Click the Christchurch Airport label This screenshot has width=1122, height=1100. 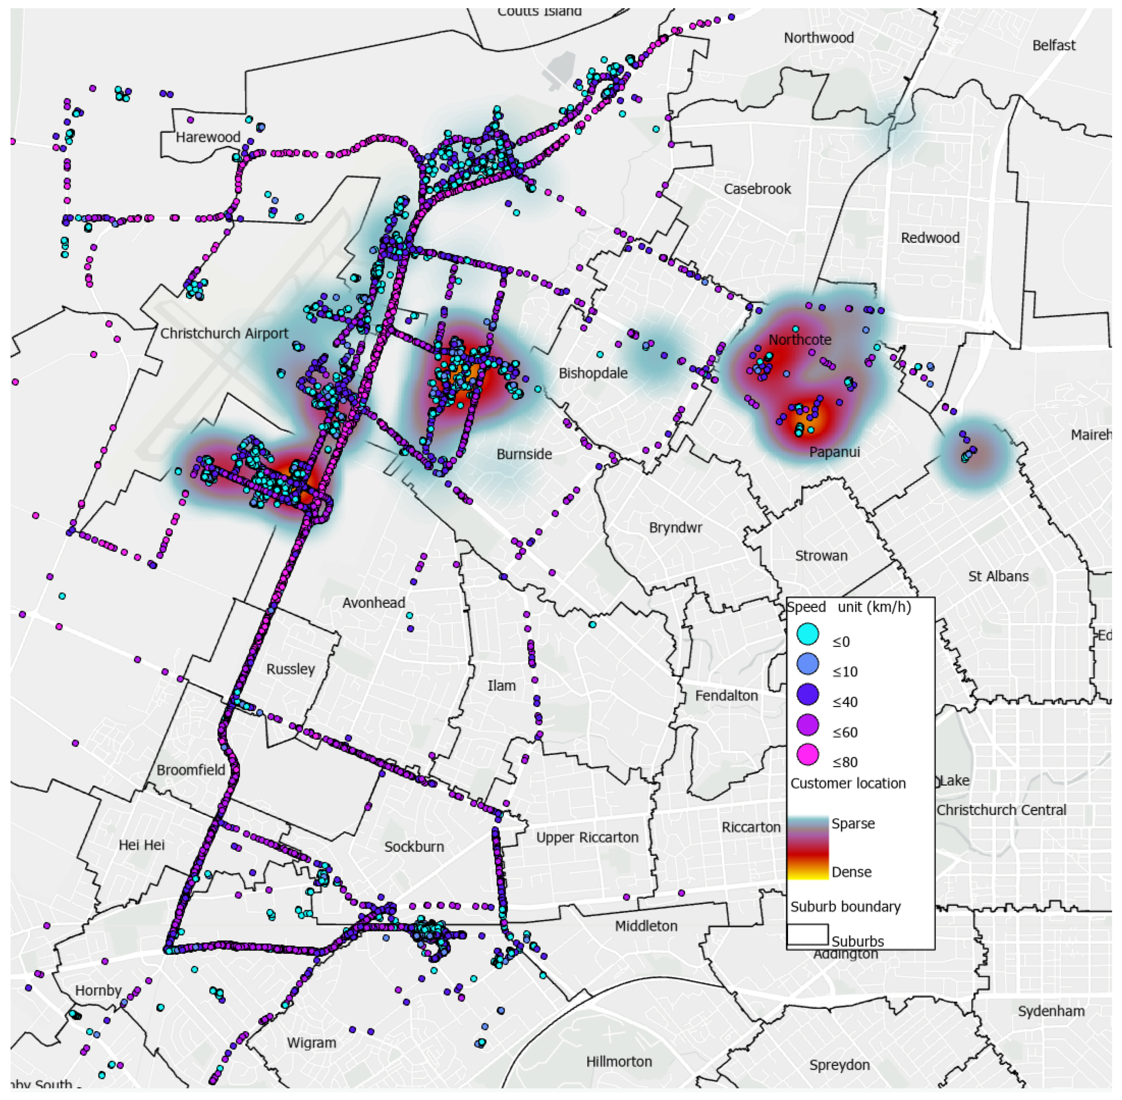pos(224,334)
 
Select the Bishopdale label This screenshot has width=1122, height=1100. pos(593,374)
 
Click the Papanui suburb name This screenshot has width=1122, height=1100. pos(834,452)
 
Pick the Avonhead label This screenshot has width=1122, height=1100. pos(374,603)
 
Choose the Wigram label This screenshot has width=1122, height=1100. pos(311,1043)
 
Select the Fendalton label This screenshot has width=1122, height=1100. pos(726,696)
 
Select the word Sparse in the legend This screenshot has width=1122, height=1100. pos(853,824)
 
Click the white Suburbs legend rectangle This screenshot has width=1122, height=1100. pos(807,934)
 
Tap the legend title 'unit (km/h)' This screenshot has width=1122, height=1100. pos(874,607)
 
